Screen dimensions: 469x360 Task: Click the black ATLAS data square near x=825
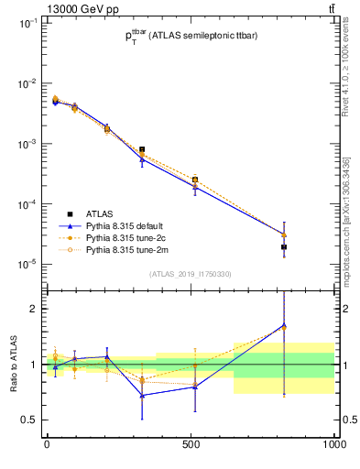[284, 247]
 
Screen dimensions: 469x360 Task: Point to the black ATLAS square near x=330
[142, 149]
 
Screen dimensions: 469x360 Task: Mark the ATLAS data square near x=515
[195, 180]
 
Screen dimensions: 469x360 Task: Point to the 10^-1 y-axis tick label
[27, 23]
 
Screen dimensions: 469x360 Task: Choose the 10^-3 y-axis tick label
[27, 144]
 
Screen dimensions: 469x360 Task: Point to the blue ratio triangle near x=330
[142, 396]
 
